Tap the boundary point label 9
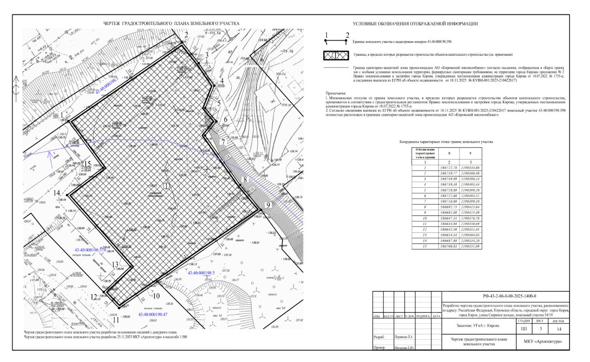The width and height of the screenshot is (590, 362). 268,205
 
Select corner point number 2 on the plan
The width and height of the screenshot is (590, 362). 186,35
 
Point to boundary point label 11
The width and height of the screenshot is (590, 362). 116,319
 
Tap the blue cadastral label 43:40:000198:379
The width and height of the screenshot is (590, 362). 90,249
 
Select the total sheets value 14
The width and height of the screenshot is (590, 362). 559,329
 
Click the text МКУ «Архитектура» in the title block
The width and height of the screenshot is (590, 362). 543,342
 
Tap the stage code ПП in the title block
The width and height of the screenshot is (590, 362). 524,329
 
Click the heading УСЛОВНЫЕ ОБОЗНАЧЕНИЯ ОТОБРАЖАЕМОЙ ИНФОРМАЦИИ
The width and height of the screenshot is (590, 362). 415,24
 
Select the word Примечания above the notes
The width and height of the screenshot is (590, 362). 338,93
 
